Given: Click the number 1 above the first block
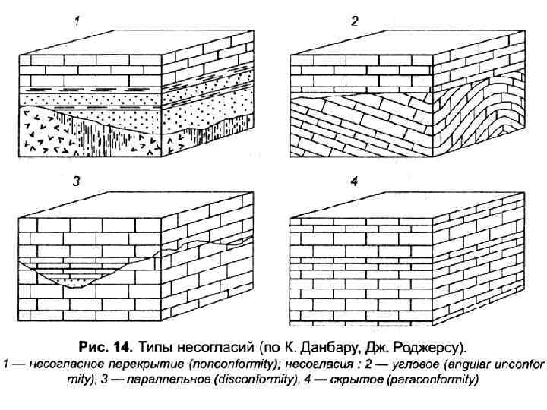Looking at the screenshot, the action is (x=77, y=23).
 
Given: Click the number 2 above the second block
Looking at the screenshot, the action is (x=354, y=23).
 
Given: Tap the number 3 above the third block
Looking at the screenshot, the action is (x=77, y=181).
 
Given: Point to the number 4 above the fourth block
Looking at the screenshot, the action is (x=354, y=181).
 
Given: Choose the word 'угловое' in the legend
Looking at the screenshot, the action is (x=413, y=364).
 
